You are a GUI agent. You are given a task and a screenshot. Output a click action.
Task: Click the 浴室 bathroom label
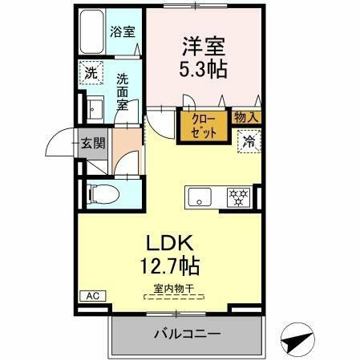click(122, 33)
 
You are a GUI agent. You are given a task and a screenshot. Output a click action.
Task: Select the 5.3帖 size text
click(203, 69)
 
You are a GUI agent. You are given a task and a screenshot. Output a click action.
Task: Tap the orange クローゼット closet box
click(204, 127)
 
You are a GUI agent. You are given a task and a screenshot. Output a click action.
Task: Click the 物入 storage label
click(246, 118)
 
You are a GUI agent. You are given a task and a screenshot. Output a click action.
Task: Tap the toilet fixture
click(99, 193)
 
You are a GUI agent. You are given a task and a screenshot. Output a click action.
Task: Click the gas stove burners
click(238, 196)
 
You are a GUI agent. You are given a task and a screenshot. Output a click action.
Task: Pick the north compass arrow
click(300, 339)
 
